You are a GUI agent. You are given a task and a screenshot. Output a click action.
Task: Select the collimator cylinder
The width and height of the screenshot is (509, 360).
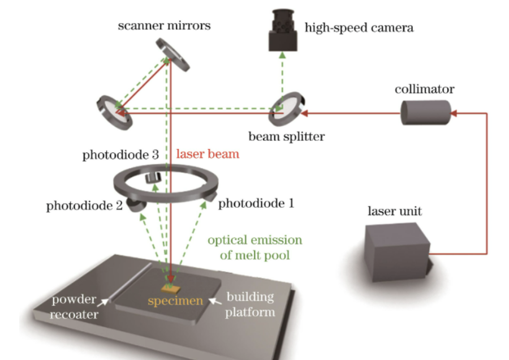[x=425, y=113]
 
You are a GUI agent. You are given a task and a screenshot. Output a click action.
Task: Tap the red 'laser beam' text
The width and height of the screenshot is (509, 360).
[x=208, y=154]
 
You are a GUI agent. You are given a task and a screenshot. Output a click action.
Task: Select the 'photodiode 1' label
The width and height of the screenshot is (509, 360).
[x=256, y=203]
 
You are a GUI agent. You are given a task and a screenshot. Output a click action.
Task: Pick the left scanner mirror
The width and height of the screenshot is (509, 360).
[x=114, y=111]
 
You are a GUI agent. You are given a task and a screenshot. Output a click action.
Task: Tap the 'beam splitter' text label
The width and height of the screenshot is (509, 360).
[x=287, y=136]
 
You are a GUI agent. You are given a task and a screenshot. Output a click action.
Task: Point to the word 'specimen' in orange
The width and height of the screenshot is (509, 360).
[x=175, y=301]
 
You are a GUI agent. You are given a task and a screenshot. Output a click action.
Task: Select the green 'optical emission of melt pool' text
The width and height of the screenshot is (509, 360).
[x=255, y=247]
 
